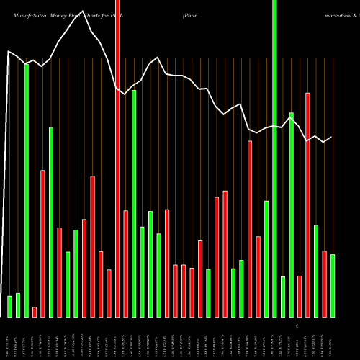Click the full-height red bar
click(x=117, y=158)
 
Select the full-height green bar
click(x=274, y=158)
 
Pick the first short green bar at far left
click(x=10, y=306)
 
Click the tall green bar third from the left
click(x=27, y=190)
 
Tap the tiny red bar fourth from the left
click(x=35, y=312)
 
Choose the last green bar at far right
click(x=333, y=286)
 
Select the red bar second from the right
click(x=325, y=284)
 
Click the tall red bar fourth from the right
click(x=307, y=204)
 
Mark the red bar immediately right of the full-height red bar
click(x=126, y=264)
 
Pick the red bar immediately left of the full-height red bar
click(x=109, y=293)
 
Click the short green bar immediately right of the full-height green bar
click(x=283, y=297)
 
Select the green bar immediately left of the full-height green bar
click(x=266, y=258)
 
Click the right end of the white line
click(x=331, y=137)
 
